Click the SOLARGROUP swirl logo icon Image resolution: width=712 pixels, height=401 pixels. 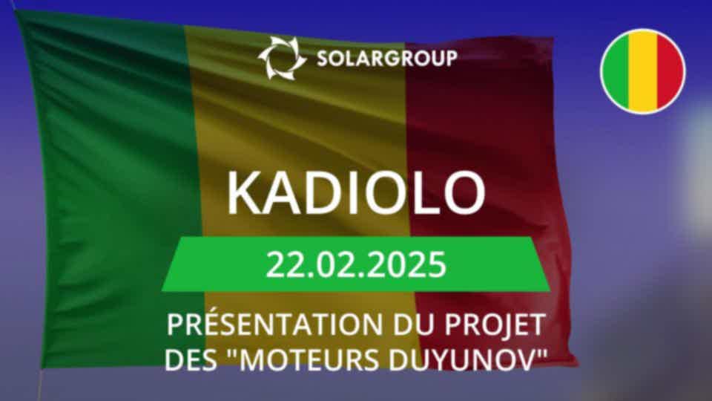pyautogui.click(x=283, y=58)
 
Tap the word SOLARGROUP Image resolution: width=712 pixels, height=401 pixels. pyautogui.click(x=387, y=59)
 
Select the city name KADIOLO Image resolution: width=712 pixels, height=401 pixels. pyautogui.click(x=356, y=193)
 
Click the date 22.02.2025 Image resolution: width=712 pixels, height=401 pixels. pyautogui.click(x=356, y=264)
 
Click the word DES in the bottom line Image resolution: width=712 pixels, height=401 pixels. pyautogui.click(x=191, y=360)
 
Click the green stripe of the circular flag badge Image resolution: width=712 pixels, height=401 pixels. pyautogui.click(x=616, y=71)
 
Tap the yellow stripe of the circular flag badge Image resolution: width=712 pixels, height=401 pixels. pyautogui.click(x=643, y=71)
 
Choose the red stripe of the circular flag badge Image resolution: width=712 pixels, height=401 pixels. pyautogui.click(x=670, y=71)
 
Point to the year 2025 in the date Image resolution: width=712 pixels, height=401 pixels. pyautogui.click(x=415, y=264)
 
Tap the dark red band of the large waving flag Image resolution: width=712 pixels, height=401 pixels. pyautogui.click(x=490, y=137)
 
